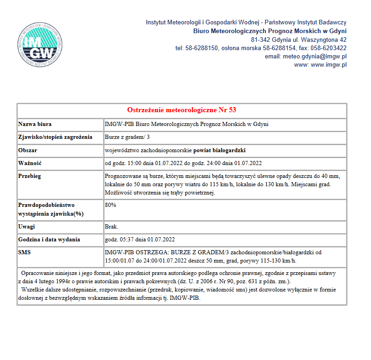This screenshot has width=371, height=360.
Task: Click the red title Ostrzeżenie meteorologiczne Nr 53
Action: [x=181, y=110]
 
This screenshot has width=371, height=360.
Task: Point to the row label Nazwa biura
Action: [x=35, y=124]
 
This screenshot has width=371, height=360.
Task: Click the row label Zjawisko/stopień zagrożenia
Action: [x=55, y=137]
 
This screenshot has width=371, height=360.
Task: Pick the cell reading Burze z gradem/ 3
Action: [x=127, y=137]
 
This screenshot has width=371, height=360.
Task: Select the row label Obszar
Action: [x=28, y=150]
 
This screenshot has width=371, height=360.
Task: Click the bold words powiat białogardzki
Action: [x=219, y=150]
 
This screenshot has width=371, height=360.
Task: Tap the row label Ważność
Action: [x=30, y=163]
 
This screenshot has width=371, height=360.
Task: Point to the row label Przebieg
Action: [x=31, y=176]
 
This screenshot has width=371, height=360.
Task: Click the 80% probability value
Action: [x=111, y=205]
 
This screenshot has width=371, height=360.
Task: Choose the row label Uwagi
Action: [x=27, y=227]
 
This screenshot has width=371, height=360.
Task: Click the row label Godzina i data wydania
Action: [x=49, y=240]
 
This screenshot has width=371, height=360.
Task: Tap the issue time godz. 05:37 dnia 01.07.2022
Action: [x=140, y=240]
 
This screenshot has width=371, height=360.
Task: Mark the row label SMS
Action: [x=25, y=252]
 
